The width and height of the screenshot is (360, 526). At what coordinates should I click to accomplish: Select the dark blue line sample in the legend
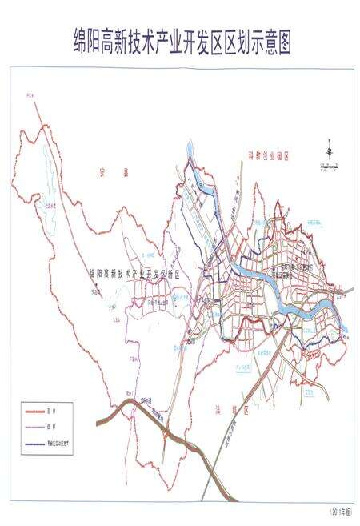click(38, 442)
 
